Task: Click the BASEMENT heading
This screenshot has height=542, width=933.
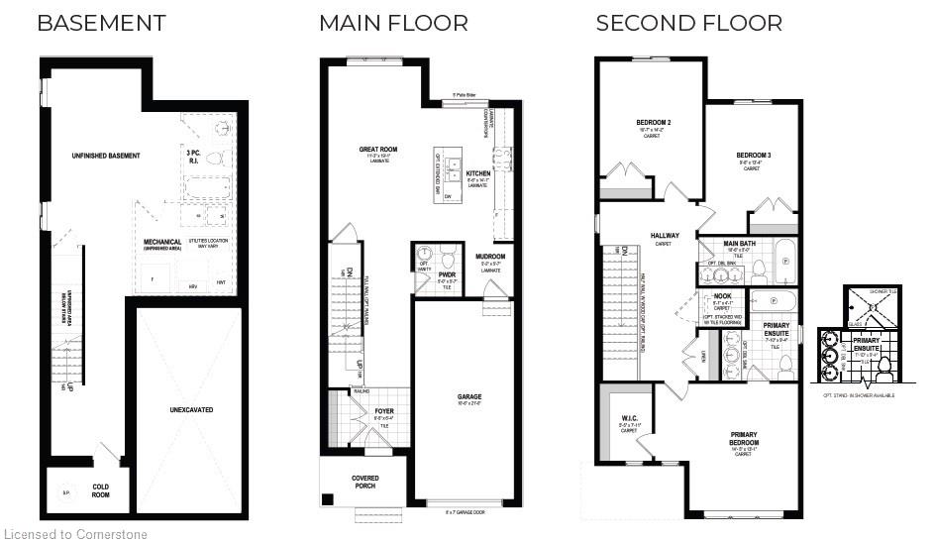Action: (x=101, y=23)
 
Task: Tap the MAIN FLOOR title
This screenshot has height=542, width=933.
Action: (x=393, y=23)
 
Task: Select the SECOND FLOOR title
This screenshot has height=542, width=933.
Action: (x=688, y=23)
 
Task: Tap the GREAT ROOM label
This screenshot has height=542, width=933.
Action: (x=378, y=151)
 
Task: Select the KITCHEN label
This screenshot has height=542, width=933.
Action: (x=478, y=173)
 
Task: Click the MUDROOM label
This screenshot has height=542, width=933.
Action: (x=490, y=257)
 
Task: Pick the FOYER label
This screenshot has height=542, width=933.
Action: (x=384, y=410)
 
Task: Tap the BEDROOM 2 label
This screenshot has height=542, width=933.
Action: (x=654, y=124)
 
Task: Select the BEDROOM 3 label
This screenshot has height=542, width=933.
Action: (x=754, y=156)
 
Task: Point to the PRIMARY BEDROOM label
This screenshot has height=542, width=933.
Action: (x=744, y=438)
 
